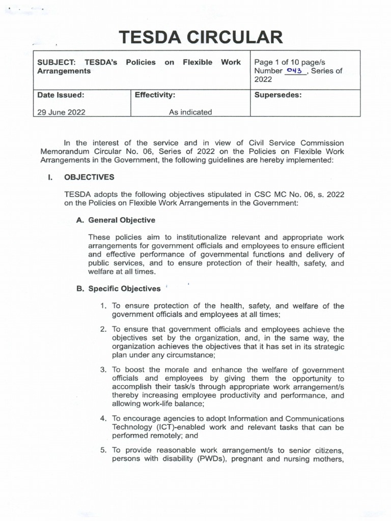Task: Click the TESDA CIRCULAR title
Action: point(200,38)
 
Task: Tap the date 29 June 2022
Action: point(61,112)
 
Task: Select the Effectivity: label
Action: point(155,95)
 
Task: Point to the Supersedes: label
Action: point(278,95)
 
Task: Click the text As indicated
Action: point(190,112)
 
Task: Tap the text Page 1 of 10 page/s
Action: point(290,62)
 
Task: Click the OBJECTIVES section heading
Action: point(89,177)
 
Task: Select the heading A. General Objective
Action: point(116,220)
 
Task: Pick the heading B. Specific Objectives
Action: point(118,288)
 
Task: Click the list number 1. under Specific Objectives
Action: point(103,306)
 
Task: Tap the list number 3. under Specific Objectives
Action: point(103,370)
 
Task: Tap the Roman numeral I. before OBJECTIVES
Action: point(50,177)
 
